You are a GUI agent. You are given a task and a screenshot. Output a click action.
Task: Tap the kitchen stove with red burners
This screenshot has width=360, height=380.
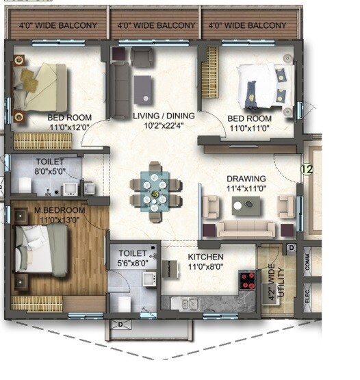click(x=247, y=280)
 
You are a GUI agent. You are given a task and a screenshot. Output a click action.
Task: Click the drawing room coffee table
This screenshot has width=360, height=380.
click(x=246, y=204)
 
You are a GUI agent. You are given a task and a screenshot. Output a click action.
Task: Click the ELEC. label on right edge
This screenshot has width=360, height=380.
click(x=307, y=296)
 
